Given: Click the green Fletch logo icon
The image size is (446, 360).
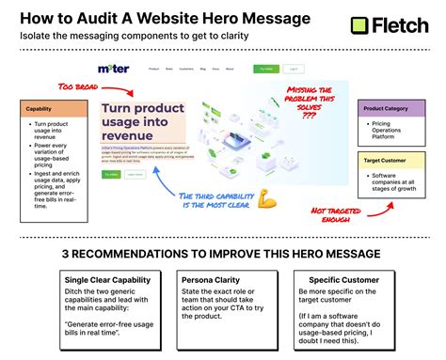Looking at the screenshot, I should (358, 26).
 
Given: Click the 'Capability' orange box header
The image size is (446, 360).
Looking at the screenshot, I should (55, 109).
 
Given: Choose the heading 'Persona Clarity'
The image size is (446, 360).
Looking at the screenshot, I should (213, 279).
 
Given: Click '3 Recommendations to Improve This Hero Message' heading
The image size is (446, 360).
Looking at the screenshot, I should (222, 253).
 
